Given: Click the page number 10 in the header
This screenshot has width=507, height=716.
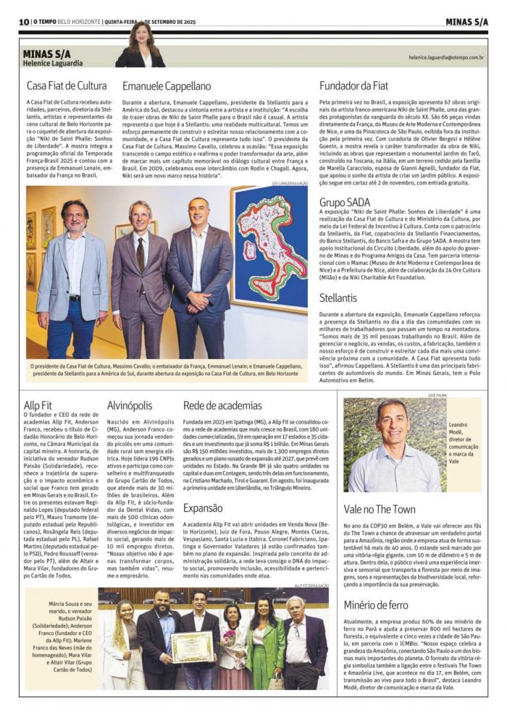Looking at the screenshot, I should click(25, 22).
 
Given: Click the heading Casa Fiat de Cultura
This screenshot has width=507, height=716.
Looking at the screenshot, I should click(67, 86).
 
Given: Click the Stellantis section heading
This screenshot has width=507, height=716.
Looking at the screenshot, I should click(338, 297).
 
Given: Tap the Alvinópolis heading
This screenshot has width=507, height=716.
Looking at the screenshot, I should click(130, 405).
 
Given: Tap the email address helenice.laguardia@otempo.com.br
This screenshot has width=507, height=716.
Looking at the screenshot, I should click(446, 56).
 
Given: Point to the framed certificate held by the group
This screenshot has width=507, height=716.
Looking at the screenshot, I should click(192, 646).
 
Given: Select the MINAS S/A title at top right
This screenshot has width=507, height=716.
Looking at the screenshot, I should click(466, 22).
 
